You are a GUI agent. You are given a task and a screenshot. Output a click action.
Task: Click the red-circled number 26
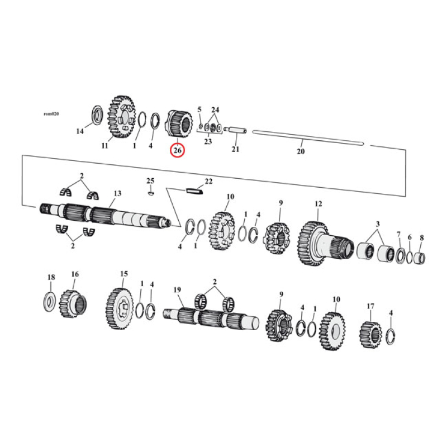tap(178, 150)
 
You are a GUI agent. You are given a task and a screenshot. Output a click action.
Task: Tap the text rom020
tap(51, 113)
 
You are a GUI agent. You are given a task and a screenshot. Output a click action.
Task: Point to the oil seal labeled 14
tap(96, 115)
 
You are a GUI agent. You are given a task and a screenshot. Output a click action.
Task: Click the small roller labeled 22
tap(194, 190)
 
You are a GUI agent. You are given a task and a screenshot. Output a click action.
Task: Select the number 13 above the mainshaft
tap(117, 193)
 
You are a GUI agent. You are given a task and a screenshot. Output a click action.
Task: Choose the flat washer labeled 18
tap(50, 301)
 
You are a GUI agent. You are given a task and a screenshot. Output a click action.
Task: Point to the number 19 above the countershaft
tap(178, 289)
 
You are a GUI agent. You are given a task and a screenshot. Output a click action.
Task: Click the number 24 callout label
tap(215, 110)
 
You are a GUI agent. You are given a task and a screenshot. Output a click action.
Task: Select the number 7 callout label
tap(398, 234)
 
